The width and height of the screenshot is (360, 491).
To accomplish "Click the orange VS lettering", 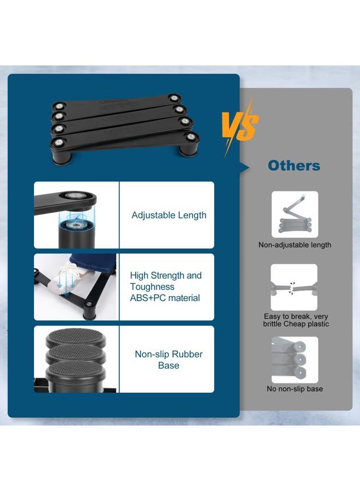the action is (x=240, y=126).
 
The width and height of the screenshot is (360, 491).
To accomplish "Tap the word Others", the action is (x=294, y=166).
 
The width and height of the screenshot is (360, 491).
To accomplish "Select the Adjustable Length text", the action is (x=169, y=215).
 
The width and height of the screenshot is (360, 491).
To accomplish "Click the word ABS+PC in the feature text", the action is (x=145, y=298).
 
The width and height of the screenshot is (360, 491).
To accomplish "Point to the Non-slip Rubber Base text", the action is (x=169, y=360).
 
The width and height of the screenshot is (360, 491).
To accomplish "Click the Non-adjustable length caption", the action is (x=295, y=245).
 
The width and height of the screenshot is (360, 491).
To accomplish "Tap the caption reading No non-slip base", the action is (x=295, y=389).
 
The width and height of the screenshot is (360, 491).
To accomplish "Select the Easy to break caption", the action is (x=296, y=320).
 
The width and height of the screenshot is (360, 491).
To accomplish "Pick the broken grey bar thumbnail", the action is (x=294, y=287).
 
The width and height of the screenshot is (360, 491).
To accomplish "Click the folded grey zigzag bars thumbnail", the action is (x=295, y=214).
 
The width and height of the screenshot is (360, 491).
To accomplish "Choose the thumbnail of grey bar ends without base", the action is (x=295, y=360).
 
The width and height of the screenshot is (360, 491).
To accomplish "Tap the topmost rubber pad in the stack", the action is (x=75, y=337).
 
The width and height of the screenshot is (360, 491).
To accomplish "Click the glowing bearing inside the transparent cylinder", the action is (x=75, y=225).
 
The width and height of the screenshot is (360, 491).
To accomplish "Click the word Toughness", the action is (x=152, y=287).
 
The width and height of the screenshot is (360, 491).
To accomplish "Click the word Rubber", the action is (x=187, y=354).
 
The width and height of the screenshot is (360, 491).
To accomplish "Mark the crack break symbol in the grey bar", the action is (x=292, y=288).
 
